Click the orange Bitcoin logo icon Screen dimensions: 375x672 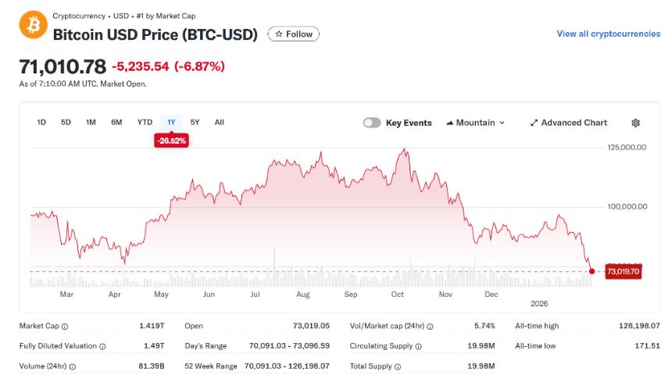click(x=34, y=25)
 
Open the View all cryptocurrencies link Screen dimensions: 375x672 click(x=607, y=34)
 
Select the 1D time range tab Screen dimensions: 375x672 click(x=42, y=122)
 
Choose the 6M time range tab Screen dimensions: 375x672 click(x=116, y=122)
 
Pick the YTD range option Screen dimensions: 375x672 click(x=145, y=122)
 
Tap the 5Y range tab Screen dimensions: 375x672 click(x=195, y=122)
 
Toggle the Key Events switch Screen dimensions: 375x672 click(x=372, y=123)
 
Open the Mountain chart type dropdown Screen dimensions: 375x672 click(x=475, y=123)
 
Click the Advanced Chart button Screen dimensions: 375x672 click(x=568, y=123)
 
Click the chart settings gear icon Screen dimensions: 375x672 click(x=635, y=123)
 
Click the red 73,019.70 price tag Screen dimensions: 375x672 click(x=624, y=272)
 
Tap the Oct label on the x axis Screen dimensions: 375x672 click(x=398, y=295)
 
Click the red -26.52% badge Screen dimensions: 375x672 click(x=171, y=141)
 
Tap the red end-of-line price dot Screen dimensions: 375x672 click(x=592, y=271)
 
